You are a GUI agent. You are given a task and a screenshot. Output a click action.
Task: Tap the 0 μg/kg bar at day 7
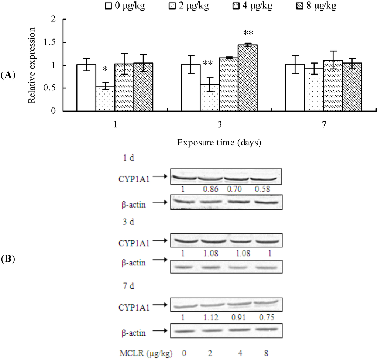(295, 88)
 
